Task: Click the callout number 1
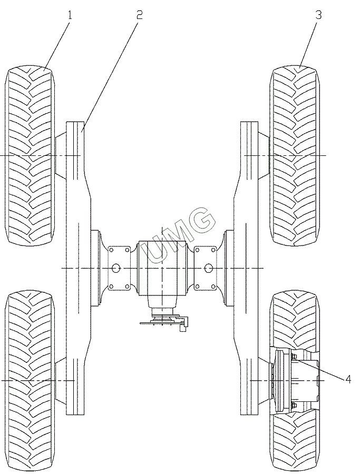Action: (69, 15)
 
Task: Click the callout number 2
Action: (139, 15)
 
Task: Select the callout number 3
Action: (318, 15)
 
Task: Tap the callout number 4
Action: (348, 379)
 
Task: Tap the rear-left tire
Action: (30, 379)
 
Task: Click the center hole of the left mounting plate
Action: (116, 269)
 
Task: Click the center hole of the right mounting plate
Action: (209, 269)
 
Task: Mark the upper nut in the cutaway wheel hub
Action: (294, 358)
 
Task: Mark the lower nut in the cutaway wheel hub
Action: (294, 404)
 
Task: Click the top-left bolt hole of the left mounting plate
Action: (111, 250)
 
